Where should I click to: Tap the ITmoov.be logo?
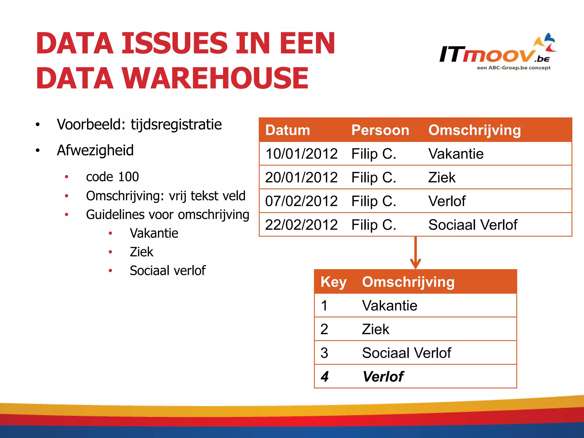(497, 53)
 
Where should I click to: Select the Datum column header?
(287, 130)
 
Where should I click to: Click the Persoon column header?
(380, 130)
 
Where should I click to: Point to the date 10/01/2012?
(301, 154)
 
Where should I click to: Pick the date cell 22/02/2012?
(301, 225)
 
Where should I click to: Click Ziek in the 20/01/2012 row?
(442, 178)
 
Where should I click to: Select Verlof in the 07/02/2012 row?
(447, 201)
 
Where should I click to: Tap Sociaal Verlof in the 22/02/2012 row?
(473, 225)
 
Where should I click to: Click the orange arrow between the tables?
(415, 252)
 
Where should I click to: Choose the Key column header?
(333, 282)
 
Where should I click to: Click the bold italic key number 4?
(325, 377)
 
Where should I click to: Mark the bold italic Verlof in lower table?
(383, 377)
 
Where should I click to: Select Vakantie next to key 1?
(390, 306)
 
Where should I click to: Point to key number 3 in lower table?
(324, 353)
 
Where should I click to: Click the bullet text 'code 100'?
(112, 177)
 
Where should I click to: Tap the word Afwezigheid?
(95, 150)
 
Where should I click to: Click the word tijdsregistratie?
(176, 125)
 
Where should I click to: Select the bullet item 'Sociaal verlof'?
(168, 271)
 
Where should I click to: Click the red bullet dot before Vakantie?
(110, 234)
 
